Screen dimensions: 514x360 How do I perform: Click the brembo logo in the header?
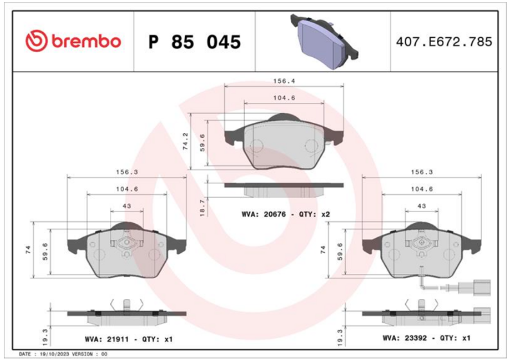point(73,42)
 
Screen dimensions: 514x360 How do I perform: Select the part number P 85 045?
point(195,42)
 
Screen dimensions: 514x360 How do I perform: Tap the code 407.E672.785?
point(444,42)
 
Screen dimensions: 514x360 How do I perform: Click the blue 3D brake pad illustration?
point(324,41)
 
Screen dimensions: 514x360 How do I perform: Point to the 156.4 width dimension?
point(284,81)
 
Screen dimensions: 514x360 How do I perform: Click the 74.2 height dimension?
point(186,141)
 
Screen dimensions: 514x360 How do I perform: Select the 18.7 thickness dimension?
point(202,208)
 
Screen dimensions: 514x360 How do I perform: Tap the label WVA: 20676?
point(263,215)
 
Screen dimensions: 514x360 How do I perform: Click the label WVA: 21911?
point(107,339)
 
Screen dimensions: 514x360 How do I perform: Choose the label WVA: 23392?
point(405,337)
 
